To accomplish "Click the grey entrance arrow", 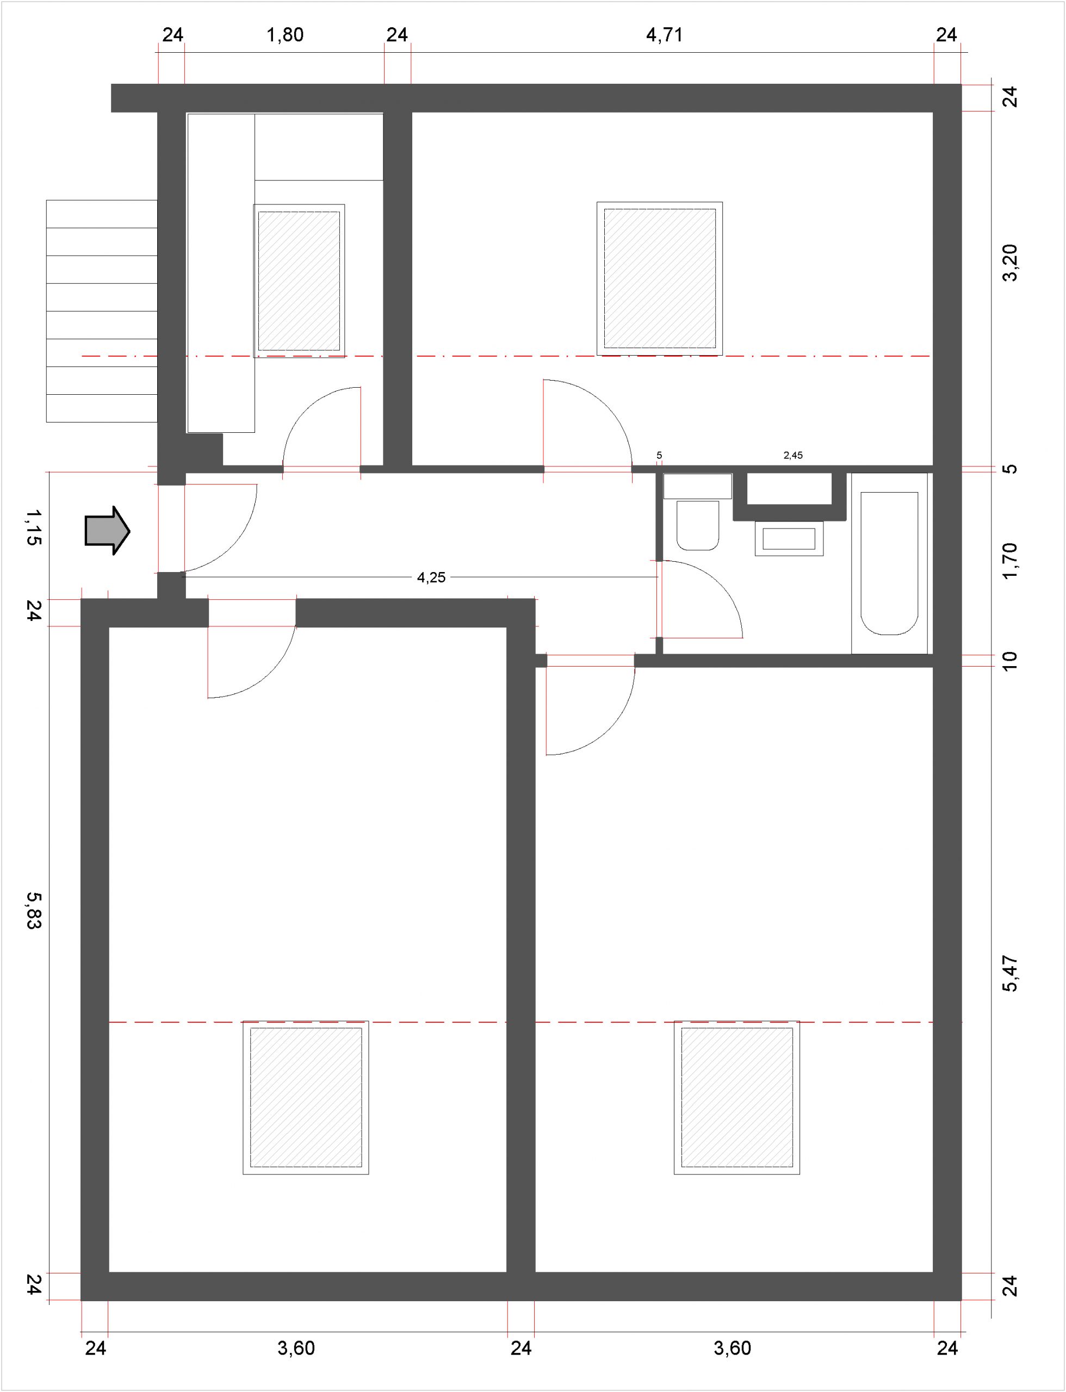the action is [108, 530].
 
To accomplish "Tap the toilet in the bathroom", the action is [698, 513].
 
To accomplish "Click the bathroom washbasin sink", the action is [789, 539].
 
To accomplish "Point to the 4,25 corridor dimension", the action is [431, 577].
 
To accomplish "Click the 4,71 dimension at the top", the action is [665, 35].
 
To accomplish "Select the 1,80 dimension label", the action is [285, 35].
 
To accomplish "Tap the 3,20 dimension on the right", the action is [1009, 263].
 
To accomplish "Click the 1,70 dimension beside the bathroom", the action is [1009, 561].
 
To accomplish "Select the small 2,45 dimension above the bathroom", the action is [793, 455].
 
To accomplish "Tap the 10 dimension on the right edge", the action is [1009, 661].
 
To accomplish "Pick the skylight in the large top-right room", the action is [660, 278].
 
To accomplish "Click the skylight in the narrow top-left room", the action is [299, 281].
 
